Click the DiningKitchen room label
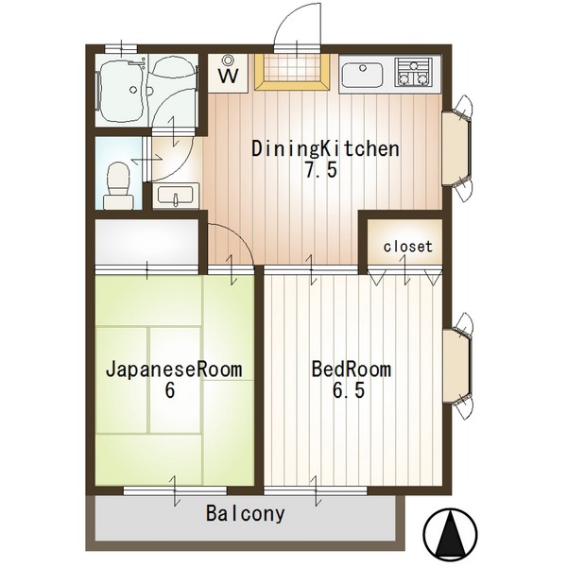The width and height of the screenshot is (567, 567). [x=325, y=149]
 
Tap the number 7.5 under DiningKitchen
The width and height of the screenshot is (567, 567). [x=321, y=170]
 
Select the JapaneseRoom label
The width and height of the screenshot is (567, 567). [x=174, y=369]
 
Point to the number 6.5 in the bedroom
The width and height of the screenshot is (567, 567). [x=349, y=390]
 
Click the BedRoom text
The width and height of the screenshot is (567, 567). [x=352, y=369]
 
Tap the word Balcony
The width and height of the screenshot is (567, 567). [x=246, y=514]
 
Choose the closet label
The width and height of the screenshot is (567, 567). [x=408, y=247]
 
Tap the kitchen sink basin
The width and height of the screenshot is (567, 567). [x=362, y=76]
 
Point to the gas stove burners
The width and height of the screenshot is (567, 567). [x=414, y=73]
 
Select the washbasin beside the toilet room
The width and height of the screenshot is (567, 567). [x=176, y=196]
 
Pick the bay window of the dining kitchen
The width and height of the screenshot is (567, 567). [x=457, y=148]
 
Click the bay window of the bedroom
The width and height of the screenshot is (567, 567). [x=457, y=366]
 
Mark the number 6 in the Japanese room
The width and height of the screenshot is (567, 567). [x=169, y=389]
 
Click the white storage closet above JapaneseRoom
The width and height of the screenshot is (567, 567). [x=146, y=242]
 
